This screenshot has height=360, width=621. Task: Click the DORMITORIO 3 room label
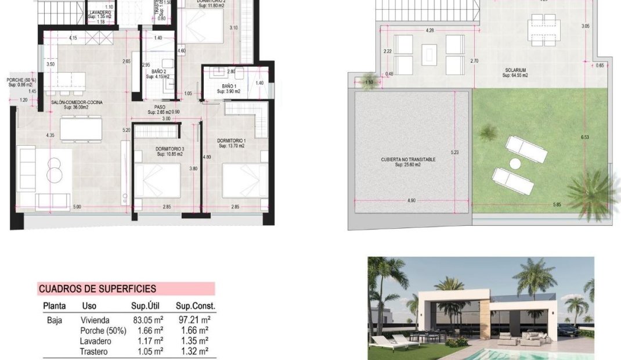coord(169,149)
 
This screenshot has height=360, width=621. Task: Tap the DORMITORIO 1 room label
coord(231,141)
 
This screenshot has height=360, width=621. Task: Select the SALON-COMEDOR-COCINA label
coord(77,102)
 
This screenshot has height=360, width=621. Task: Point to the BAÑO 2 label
coord(159,71)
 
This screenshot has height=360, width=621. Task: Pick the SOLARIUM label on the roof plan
coord(515,70)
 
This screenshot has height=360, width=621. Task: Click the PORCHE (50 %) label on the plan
coord(21,80)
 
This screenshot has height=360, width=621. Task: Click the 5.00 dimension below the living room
coord(77,207)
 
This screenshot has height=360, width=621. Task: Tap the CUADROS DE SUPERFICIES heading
coord(97,289)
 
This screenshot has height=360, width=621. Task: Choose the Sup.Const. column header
coord(195,306)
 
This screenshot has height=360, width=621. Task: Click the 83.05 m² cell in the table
coord(147,320)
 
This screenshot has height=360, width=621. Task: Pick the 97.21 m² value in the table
coord(193,320)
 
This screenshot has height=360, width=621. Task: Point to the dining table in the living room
coord(80,128)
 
